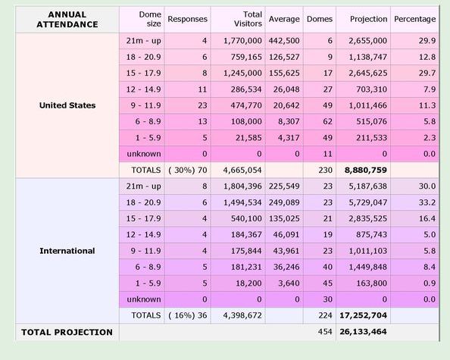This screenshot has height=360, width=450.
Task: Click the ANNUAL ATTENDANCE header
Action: pos(67,19)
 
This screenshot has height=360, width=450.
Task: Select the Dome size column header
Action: pos(150,19)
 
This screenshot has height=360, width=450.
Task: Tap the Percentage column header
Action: pos(414,19)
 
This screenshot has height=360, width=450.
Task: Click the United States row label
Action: pos(67,105)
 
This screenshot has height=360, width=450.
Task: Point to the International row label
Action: pos(67,251)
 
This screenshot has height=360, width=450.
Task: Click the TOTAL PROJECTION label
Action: pos(67,332)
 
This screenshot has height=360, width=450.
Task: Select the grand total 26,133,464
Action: pos(364,332)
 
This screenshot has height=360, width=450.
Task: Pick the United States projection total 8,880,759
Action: pos(366,171)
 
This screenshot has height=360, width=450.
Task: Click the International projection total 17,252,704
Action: pos(364,315)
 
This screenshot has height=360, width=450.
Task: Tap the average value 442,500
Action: pos(284,41)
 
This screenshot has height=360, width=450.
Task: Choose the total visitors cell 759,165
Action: pos(246,57)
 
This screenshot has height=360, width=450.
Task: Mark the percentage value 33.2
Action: pos(427,202)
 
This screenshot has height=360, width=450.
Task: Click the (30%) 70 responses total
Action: pos(188,171)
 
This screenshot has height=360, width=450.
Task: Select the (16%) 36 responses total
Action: pos(188,315)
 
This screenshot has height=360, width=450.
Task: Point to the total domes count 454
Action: pos(325,332)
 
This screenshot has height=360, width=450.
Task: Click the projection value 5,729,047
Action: pos(368,202)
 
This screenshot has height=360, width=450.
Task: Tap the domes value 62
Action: pos(327,122)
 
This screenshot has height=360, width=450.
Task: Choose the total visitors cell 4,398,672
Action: pos(242,315)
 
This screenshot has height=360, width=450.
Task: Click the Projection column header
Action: pos(369,19)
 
